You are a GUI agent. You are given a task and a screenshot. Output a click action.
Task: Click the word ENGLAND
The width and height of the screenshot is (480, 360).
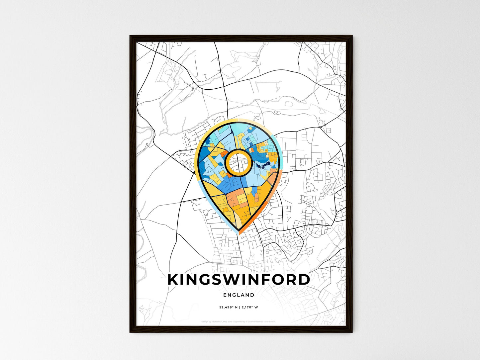coord(239,295)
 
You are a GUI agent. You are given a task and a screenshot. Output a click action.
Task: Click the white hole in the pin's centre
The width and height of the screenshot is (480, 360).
coord(238,162)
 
